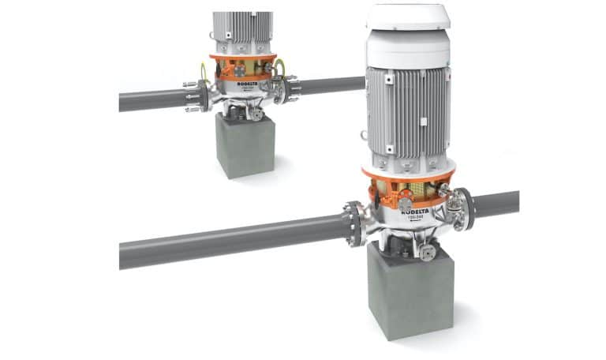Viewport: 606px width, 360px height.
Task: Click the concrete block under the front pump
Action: pyautogui.click(x=410, y=288)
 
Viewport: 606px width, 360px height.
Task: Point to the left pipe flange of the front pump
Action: pyautogui.click(x=352, y=223)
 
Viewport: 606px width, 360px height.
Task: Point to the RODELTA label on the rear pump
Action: pyautogui.click(x=240, y=85)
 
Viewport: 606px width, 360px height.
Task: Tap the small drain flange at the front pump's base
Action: pyautogui.click(x=428, y=253)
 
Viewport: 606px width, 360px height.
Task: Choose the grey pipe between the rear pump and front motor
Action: pyautogui.click(x=331, y=84)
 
